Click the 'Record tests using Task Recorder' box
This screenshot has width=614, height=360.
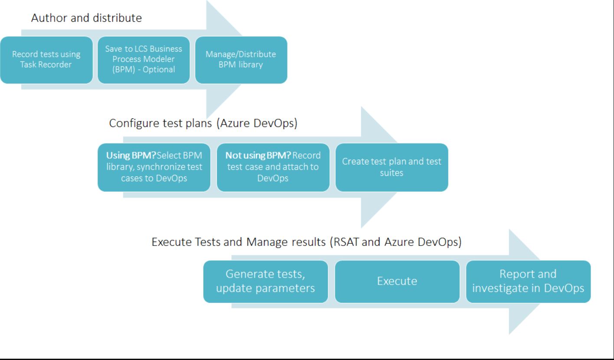46,60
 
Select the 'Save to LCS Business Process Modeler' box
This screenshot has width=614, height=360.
144,60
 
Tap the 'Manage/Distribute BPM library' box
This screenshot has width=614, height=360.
241,60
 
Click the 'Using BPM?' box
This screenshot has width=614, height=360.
155,167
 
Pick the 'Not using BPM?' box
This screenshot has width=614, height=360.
273,167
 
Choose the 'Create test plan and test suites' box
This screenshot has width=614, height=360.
392,167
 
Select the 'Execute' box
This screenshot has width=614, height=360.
397,281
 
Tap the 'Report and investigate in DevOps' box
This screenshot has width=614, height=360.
528,281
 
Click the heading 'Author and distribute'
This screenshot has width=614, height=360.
87,19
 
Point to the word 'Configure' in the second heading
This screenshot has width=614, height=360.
130,124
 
